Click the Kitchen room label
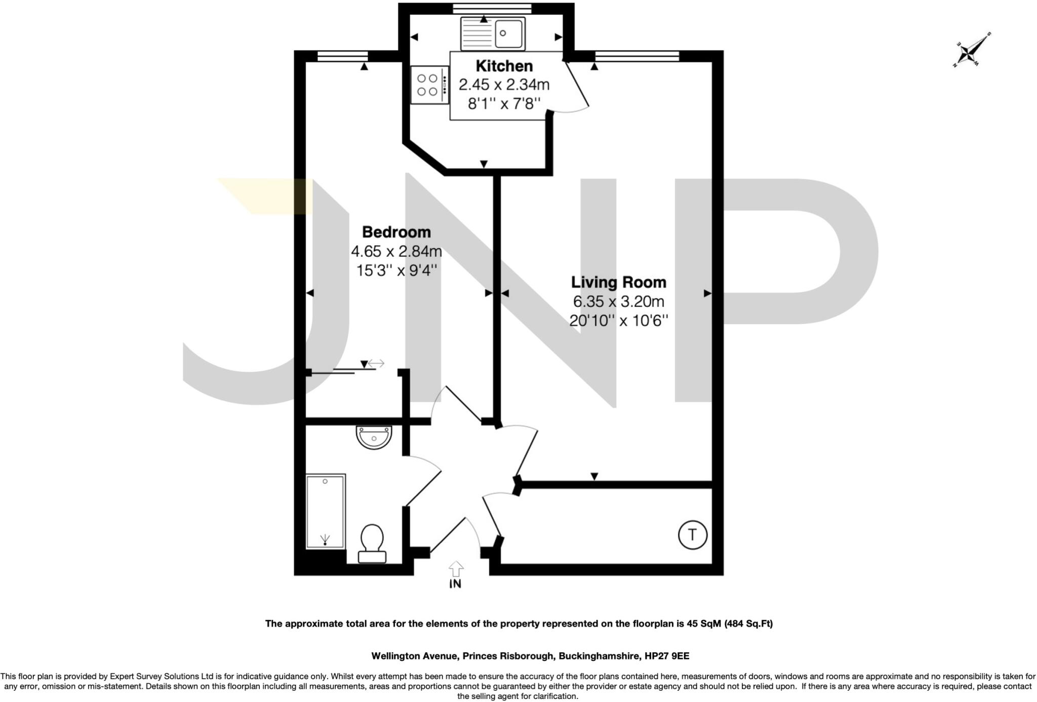tap(504, 66)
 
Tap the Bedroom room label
tap(396, 232)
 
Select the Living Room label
tap(618, 282)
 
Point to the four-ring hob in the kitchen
tap(428, 85)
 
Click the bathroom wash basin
tap(374, 437)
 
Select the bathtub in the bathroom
tap(326, 512)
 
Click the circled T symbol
tap(692, 534)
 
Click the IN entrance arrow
tap(456, 569)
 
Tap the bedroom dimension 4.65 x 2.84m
tap(396, 251)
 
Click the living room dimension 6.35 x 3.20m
tap(618, 302)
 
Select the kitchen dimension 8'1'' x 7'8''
tap(504, 104)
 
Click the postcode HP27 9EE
tap(666, 656)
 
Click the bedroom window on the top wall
tap(343, 56)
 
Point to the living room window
tap(636, 56)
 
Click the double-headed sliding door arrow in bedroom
tap(376, 363)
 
